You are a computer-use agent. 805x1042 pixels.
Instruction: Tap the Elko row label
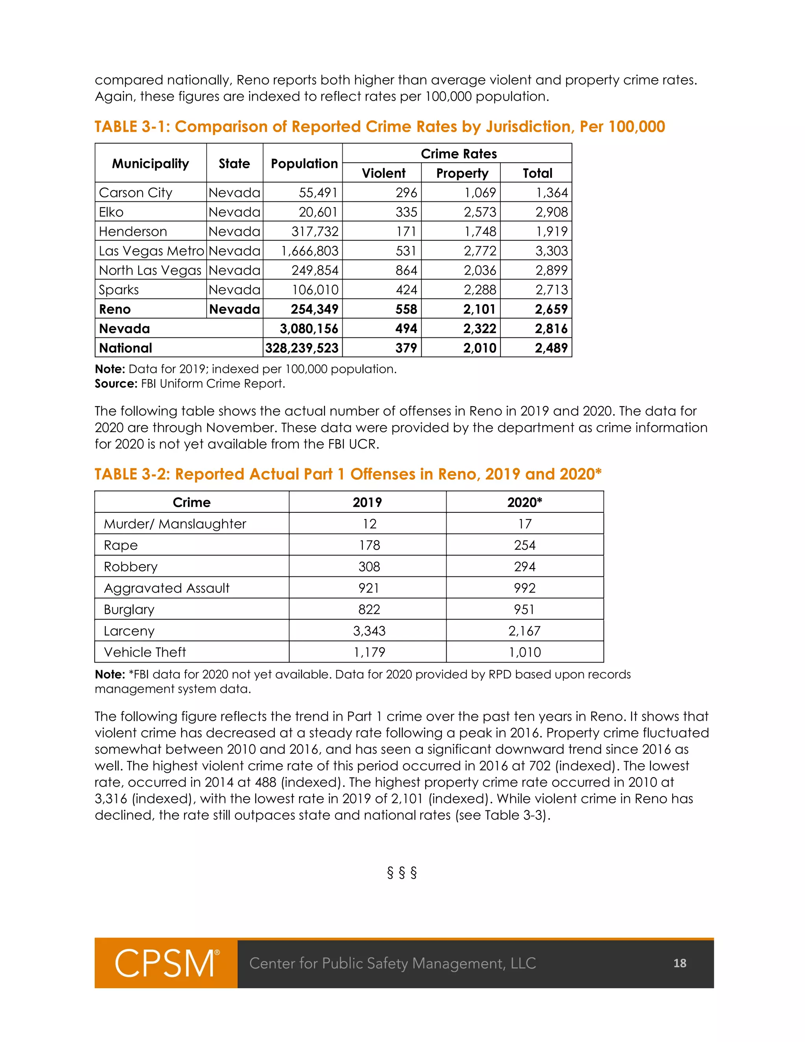tap(111, 212)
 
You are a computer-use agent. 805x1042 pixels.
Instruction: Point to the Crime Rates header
tap(458, 154)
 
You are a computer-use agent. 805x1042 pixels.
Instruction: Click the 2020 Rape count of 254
tap(525, 545)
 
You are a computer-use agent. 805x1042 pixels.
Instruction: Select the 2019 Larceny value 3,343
tap(369, 631)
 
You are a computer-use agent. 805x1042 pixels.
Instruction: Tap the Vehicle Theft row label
tap(145, 652)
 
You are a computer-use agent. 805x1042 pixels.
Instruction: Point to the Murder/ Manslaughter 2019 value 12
tap(369, 524)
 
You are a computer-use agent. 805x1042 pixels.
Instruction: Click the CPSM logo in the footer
tap(166, 963)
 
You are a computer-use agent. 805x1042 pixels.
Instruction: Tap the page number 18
tap(680, 963)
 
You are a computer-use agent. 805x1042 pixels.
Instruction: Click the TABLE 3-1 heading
tap(380, 127)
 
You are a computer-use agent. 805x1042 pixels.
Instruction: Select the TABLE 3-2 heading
tap(347, 474)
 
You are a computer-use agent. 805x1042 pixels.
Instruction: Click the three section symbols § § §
tap(402, 873)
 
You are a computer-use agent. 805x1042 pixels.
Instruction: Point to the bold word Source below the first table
tap(116, 384)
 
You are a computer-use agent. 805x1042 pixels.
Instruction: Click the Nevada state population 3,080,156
tap(309, 329)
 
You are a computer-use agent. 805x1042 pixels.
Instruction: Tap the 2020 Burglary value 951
tap(525, 609)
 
